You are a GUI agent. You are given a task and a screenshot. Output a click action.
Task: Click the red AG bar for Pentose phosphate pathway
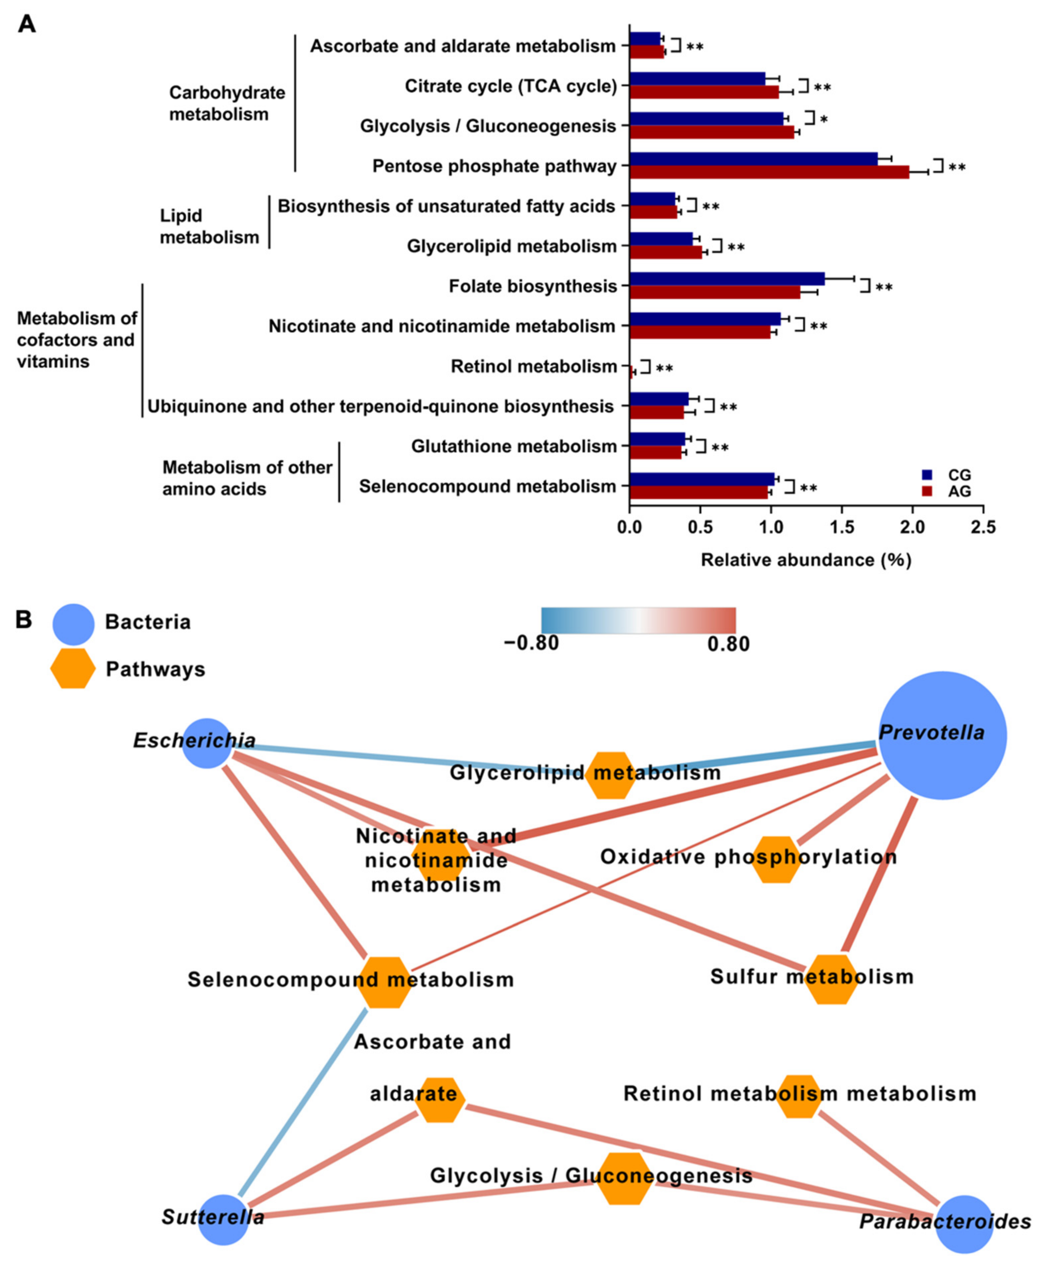pyautogui.click(x=768, y=172)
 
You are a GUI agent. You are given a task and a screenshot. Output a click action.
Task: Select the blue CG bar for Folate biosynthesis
pyautogui.click(x=726, y=279)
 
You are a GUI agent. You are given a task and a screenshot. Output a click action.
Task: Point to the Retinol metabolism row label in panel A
pyautogui.click(x=533, y=366)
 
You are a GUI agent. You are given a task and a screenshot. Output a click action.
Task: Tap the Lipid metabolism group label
pyautogui.click(x=209, y=226)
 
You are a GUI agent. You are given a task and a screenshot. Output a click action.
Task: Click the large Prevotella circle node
pyautogui.click(x=942, y=735)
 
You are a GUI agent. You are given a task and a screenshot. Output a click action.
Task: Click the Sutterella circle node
pyautogui.click(x=223, y=1220)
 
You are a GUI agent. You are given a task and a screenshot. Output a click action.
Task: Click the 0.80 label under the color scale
pyautogui.click(x=728, y=644)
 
